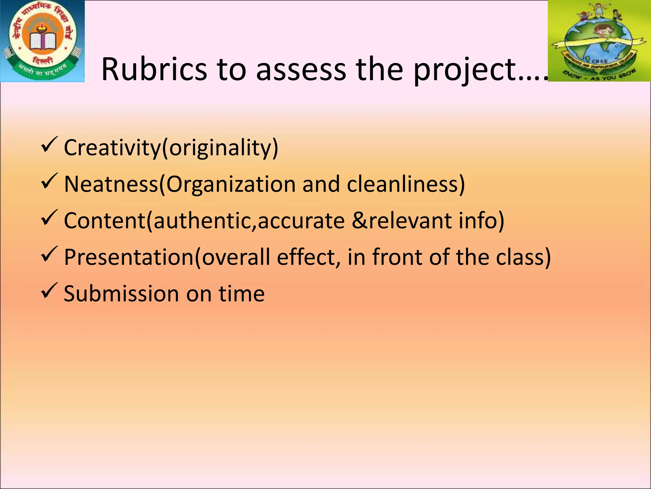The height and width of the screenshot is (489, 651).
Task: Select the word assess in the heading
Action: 301,69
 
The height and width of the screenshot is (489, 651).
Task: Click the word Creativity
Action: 112,148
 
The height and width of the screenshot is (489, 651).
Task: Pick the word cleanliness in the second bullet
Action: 402,184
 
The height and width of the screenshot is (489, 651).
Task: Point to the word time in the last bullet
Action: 242,294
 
